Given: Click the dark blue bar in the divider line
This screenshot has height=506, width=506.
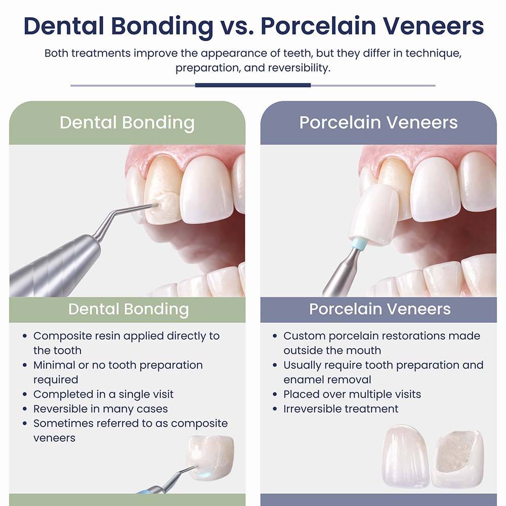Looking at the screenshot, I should [252, 85].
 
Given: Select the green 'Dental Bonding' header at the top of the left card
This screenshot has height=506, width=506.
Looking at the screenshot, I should [127, 123].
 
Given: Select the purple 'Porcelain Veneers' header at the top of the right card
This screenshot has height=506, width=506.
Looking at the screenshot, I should [378, 123].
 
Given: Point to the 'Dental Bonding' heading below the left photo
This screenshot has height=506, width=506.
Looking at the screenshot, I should [129, 309].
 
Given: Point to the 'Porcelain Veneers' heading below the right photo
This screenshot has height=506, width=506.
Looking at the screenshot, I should [380, 309].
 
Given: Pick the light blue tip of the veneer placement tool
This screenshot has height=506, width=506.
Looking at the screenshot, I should [360, 242].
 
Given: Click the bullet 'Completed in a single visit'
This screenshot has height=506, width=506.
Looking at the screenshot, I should [103, 394].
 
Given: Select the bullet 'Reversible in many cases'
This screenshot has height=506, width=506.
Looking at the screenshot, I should [100, 409].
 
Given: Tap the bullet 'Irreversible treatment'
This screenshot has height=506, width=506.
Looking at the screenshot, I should [341, 409].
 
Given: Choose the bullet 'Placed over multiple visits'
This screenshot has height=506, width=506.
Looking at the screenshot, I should [352, 394].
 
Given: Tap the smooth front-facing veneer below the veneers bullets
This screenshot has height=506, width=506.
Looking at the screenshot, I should [405, 455].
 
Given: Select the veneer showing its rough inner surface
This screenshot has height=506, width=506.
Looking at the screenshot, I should [457, 458].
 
